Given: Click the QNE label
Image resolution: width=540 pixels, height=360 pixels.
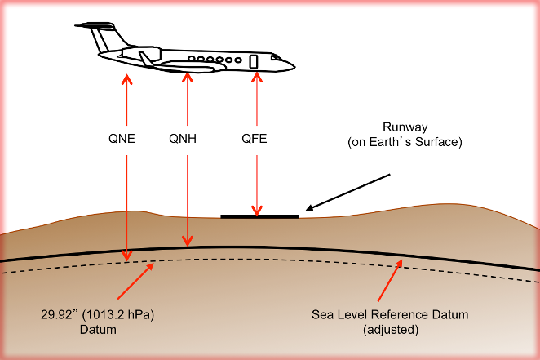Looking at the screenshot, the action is (122, 139).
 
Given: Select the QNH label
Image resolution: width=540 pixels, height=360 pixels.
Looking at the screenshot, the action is (183, 139).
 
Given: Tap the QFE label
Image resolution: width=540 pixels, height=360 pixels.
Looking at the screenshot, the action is (255, 139).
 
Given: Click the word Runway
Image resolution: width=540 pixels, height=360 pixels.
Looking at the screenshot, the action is (405, 127).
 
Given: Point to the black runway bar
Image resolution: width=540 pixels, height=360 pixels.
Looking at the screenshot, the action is (260, 216).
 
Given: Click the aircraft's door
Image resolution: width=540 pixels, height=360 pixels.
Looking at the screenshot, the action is (254, 61).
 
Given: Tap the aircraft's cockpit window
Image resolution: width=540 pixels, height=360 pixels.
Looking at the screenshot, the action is (276, 57).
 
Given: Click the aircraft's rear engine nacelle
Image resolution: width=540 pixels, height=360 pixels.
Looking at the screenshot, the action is (142, 54).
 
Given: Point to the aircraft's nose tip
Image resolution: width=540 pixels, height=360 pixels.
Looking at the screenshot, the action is (294, 66).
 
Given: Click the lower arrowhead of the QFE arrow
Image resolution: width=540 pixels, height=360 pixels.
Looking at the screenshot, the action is (257, 211).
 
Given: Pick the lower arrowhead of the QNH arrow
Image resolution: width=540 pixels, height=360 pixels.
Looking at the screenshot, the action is (188, 241).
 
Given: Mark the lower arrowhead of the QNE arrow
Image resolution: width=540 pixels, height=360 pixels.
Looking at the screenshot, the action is (127, 256).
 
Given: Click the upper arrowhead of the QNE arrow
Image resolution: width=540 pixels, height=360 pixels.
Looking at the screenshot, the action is (127, 79).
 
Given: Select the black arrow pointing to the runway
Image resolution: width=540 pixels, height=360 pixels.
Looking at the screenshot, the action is (347, 192).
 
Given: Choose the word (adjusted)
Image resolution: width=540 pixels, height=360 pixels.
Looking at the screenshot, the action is (391, 330).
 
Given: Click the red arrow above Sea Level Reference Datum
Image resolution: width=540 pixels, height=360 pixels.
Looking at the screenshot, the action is (390, 281).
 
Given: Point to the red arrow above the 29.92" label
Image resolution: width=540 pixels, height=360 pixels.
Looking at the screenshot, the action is (135, 281).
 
